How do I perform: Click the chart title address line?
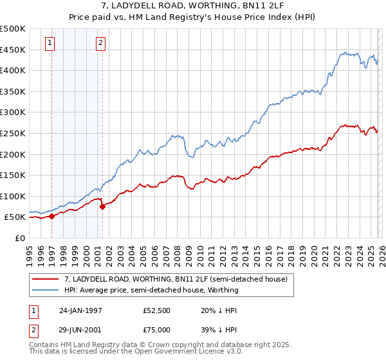tap(192, 7)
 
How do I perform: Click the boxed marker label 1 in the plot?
tap(50, 44)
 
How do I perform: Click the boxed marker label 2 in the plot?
tap(101, 44)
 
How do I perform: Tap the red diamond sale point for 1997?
tap(52, 216)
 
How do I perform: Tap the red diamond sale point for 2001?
tap(102, 206)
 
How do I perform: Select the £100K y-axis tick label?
tap(13, 196)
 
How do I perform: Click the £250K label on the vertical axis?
tap(13, 133)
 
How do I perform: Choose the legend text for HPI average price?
tap(151, 290)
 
